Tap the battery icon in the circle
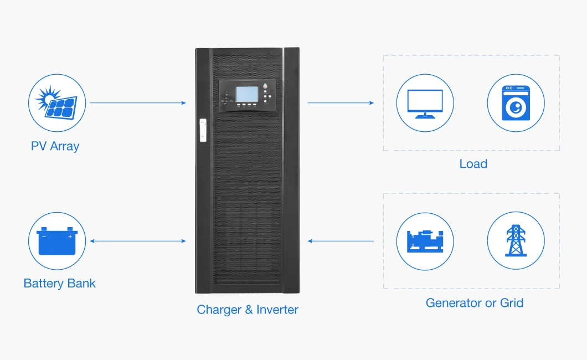[x=57, y=241]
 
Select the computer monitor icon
[x=425, y=104]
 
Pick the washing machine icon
[x=516, y=103]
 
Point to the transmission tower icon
[x=516, y=241]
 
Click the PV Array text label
[x=55, y=146]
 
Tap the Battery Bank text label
[x=59, y=284]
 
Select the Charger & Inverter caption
[x=247, y=310]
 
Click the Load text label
[x=473, y=164]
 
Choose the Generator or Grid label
[x=474, y=303]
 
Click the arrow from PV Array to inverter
[x=137, y=102]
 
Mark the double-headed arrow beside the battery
[x=137, y=241]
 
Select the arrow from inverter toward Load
[x=341, y=102]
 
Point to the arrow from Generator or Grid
[x=341, y=241]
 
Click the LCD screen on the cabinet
[x=246, y=94]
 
